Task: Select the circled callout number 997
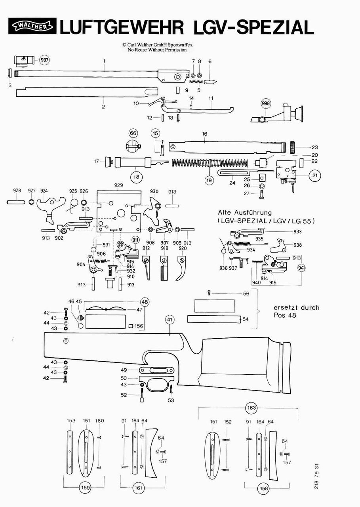click(45, 60)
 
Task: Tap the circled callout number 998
click(266, 104)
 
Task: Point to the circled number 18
click(137, 177)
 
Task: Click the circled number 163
click(252, 408)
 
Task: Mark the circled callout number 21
click(315, 175)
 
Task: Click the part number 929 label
click(118, 185)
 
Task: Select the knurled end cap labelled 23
click(293, 147)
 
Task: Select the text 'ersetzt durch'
click(296, 307)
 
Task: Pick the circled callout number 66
click(133, 133)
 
